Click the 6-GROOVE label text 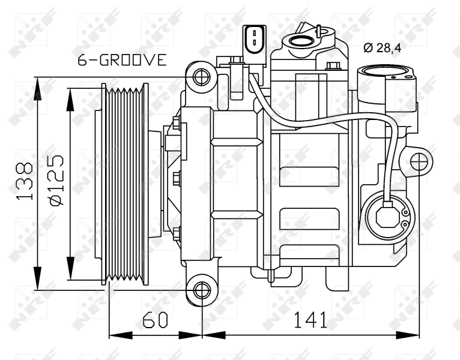tap(122, 60)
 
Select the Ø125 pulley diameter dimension tap(56, 181)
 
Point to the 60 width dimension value tap(155, 320)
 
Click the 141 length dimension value tap(310, 320)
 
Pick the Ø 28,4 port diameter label tap(382, 47)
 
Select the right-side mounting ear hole tap(419, 161)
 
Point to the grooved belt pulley tap(125, 184)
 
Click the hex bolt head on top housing tap(334, 65)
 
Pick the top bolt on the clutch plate tap(177, 124)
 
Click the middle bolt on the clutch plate tap(177, 178)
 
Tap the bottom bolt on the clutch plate tap(177, 233)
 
